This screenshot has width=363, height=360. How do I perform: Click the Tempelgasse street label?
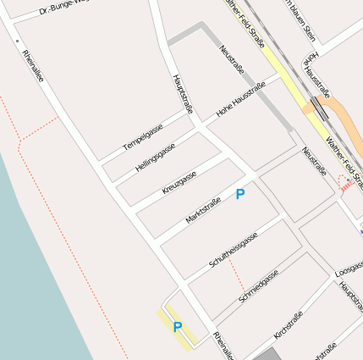click(142, 136)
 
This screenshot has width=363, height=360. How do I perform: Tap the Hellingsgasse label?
click(156, 157)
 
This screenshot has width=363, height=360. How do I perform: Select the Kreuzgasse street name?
click(179, 181)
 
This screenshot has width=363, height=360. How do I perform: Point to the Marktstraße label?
click(203, 212)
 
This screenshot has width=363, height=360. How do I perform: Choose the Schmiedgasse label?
click(259, 286)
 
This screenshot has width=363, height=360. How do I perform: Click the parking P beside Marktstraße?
click(240, 194)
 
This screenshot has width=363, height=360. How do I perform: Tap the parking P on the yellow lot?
click(178, 327)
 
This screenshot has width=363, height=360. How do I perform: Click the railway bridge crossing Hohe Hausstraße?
click(319, 108)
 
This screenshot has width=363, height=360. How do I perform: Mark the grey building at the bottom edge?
click(266, 354)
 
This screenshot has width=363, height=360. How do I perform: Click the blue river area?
click(34, 280)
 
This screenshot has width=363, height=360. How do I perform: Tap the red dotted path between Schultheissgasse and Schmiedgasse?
click(239, 279)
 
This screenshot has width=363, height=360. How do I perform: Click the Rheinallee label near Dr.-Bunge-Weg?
click(34, 66)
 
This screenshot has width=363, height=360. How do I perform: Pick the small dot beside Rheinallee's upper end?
click(16, 41)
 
